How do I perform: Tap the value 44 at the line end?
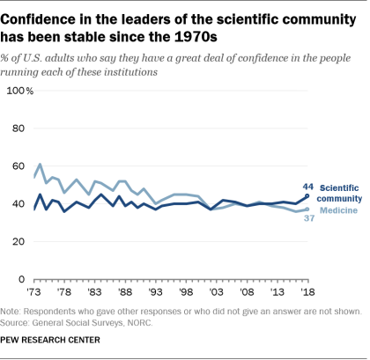pos(307,186)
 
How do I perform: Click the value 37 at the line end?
pos(307,217)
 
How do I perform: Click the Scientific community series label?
pos(341,193)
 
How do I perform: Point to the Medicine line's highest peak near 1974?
pos(40,164)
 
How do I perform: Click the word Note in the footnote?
pos(16,311)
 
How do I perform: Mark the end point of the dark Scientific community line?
pos(306,195)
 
